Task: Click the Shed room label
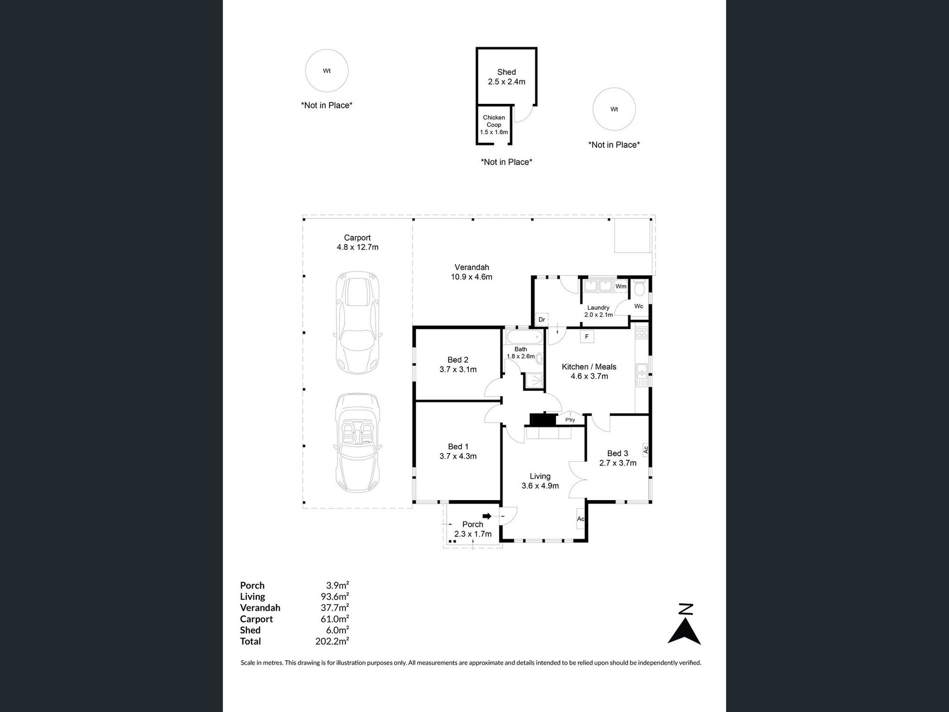click(506, 72)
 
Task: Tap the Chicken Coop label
click(494, 121)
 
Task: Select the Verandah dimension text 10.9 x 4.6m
click(472, 277)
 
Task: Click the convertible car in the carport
click(357, 443)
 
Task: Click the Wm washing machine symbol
click(621, 286)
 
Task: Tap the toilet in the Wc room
click(639, 288)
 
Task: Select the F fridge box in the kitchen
click(587, 337)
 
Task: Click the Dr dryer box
click(541, 319)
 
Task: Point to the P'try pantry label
click(570, 420)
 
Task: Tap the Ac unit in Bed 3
click(645, 450)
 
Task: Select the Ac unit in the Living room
click(581, 519)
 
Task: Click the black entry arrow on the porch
click(487, 516)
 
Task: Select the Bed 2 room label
click(458, 360)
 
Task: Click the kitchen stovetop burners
click(642, 333)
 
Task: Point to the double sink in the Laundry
click(598, 286)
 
